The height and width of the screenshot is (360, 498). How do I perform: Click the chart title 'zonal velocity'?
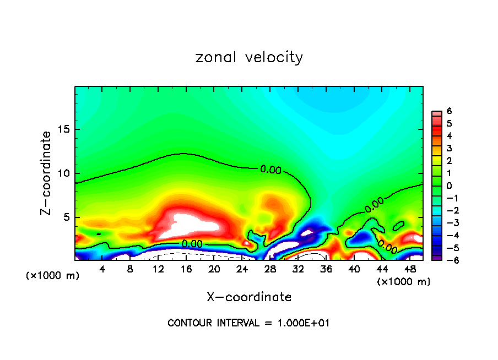click(249, 57)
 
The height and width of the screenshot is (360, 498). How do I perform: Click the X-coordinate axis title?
click(249, 297)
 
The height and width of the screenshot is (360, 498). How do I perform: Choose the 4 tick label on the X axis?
click(102, 269)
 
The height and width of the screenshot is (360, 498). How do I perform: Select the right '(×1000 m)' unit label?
click(404, 282)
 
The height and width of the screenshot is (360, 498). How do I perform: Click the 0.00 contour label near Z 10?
click(270, 170)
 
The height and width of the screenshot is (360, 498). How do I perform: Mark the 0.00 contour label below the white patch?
click(192, 243)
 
